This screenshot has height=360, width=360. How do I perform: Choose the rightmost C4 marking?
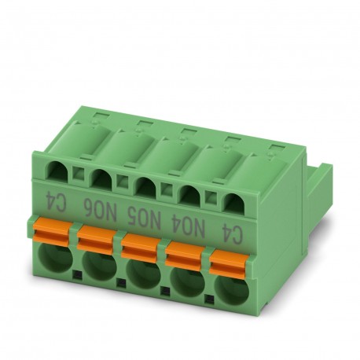230,230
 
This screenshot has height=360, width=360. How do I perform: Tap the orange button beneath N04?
185,251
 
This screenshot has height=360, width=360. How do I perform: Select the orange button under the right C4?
229,259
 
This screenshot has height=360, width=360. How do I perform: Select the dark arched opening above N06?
101,180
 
